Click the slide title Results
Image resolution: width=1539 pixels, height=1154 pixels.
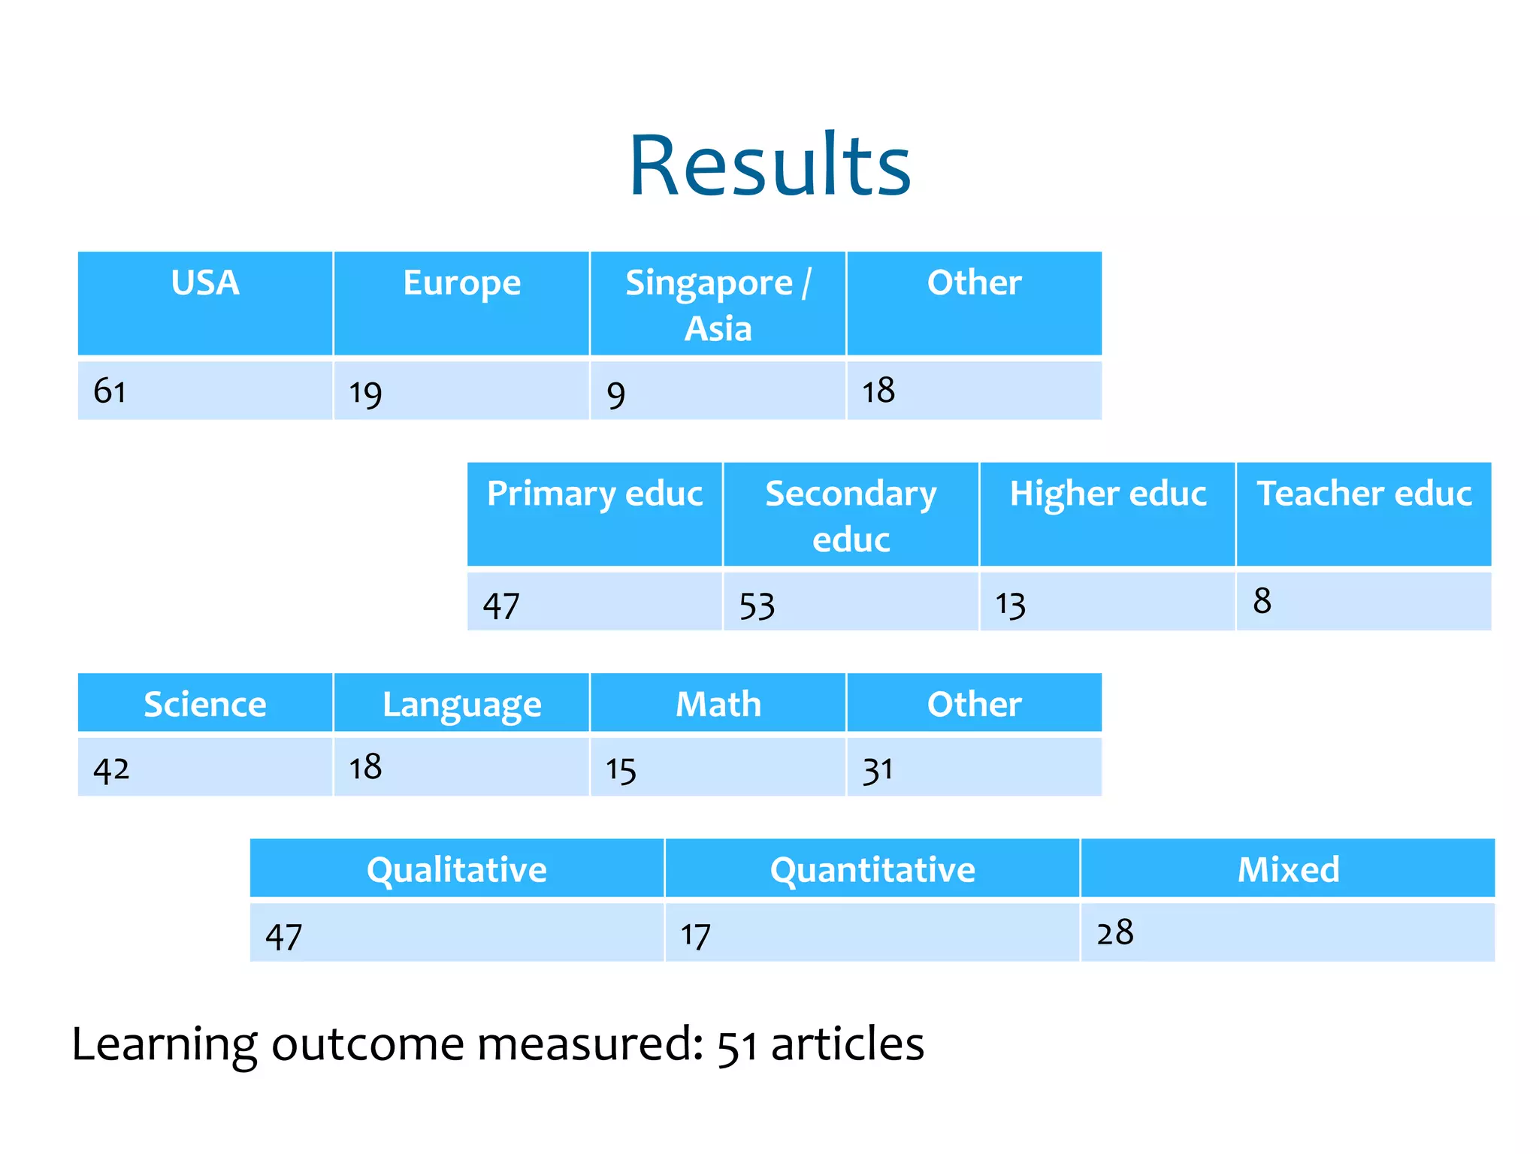(769, 165)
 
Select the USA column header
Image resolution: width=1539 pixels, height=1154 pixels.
(205, 284)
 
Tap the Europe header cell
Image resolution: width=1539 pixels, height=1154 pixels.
(461, 284)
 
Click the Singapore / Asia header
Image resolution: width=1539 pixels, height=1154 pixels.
(718, 304)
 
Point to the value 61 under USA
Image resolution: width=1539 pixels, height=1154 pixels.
(110, 391)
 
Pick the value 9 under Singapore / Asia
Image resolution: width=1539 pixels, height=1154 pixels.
(615, 394)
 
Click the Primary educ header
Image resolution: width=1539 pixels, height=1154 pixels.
(594, 494)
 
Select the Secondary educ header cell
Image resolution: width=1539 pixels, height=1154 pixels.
(851, 515)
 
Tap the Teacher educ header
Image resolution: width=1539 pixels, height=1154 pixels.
(1364, 494)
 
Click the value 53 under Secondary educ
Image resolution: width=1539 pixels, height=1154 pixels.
(757, 606)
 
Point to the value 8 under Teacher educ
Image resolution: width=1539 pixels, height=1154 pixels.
(1262, 601)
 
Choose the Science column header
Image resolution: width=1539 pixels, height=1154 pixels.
(205, 705)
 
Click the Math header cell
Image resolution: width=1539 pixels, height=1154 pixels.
(718, 705)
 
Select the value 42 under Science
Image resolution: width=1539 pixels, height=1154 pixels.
(111, 769)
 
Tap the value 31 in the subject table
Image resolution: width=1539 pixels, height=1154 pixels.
(878, 769)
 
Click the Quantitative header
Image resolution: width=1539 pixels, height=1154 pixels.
(872, 870)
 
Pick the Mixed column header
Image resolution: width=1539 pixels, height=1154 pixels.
(1288, 870)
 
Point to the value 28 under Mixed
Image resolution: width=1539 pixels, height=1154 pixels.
(1114, 933)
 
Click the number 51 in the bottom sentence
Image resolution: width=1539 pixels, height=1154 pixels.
(737, 1047)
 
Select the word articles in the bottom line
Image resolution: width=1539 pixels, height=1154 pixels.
(848, 1044)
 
